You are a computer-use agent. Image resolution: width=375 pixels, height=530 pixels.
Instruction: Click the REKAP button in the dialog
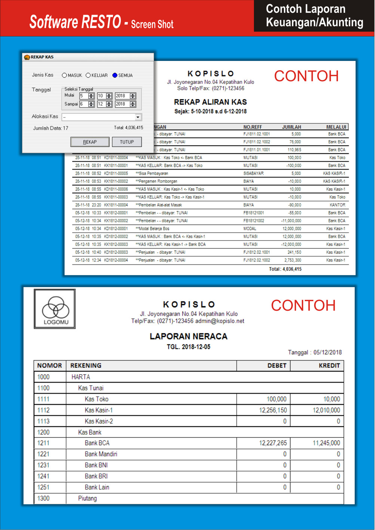point(90,142)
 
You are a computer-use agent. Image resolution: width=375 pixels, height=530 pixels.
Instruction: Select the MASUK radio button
point(64,75)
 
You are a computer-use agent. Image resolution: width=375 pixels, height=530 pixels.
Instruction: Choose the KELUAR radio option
point(88,75)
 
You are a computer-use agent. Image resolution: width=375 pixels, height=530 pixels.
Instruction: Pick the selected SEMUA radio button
point(115,75)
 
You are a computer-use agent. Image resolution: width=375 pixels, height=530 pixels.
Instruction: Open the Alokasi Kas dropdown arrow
point(138,117)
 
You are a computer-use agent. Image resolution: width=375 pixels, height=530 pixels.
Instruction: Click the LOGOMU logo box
point(55,309)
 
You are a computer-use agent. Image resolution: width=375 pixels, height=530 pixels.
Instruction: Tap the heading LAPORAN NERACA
point(188,337)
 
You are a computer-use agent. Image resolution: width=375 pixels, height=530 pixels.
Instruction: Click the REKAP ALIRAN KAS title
point(210,102)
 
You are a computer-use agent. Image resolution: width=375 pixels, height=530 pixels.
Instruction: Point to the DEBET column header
point(277,366)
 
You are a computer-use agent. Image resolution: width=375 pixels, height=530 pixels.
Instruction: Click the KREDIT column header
point(329,366)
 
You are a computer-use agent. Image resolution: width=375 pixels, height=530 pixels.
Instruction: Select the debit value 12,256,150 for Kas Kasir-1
point(273,410)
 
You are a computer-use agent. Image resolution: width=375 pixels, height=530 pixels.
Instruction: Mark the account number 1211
point(43,443)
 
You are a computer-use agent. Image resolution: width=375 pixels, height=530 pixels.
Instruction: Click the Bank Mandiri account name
point(101,454)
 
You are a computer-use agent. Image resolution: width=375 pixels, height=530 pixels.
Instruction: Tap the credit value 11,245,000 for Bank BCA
point(326,443)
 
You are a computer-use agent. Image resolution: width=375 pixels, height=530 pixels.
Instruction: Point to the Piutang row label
point(87,498)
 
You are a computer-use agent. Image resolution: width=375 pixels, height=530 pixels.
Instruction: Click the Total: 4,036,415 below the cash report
point(285,269)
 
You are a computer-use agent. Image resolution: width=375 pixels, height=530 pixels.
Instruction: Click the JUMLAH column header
point(291,127)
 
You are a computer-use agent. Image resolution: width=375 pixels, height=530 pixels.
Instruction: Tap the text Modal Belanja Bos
point(154,229)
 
